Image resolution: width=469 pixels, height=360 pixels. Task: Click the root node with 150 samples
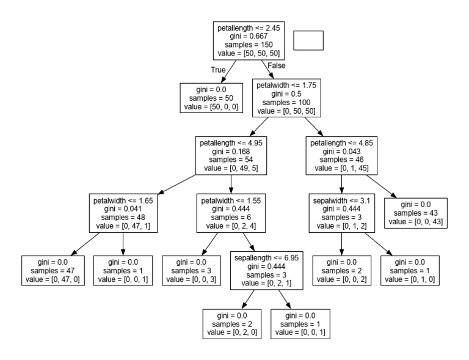pos(248,40)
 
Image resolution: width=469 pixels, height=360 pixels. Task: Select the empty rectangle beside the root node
pos(308,40)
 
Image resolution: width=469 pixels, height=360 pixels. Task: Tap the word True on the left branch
pos(219,70)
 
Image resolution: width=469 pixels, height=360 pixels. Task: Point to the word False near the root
pos(276,65)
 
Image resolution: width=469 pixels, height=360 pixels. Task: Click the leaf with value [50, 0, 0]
pos(211,97)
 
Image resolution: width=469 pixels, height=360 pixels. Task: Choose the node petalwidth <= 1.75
pos(286,97)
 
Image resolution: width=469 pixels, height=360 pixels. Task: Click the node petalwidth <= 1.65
pos(123,213)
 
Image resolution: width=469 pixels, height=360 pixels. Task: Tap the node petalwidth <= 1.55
pos(230,213)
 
